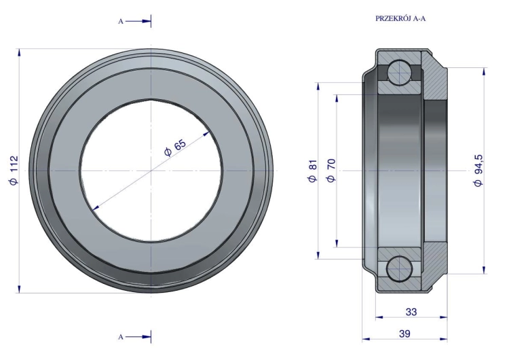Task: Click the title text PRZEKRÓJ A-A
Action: tap(400, 18)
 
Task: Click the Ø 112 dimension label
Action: tap(14, 170)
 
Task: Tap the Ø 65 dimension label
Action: tap(176, 148)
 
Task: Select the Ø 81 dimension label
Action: tap(312, 171)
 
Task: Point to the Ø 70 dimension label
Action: tap(331, 170)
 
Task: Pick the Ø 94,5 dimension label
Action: tap(478, 170)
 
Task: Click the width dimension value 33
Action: tap(411, 312)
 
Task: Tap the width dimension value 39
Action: tap(404, 334)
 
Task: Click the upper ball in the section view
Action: tap(400, 71)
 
